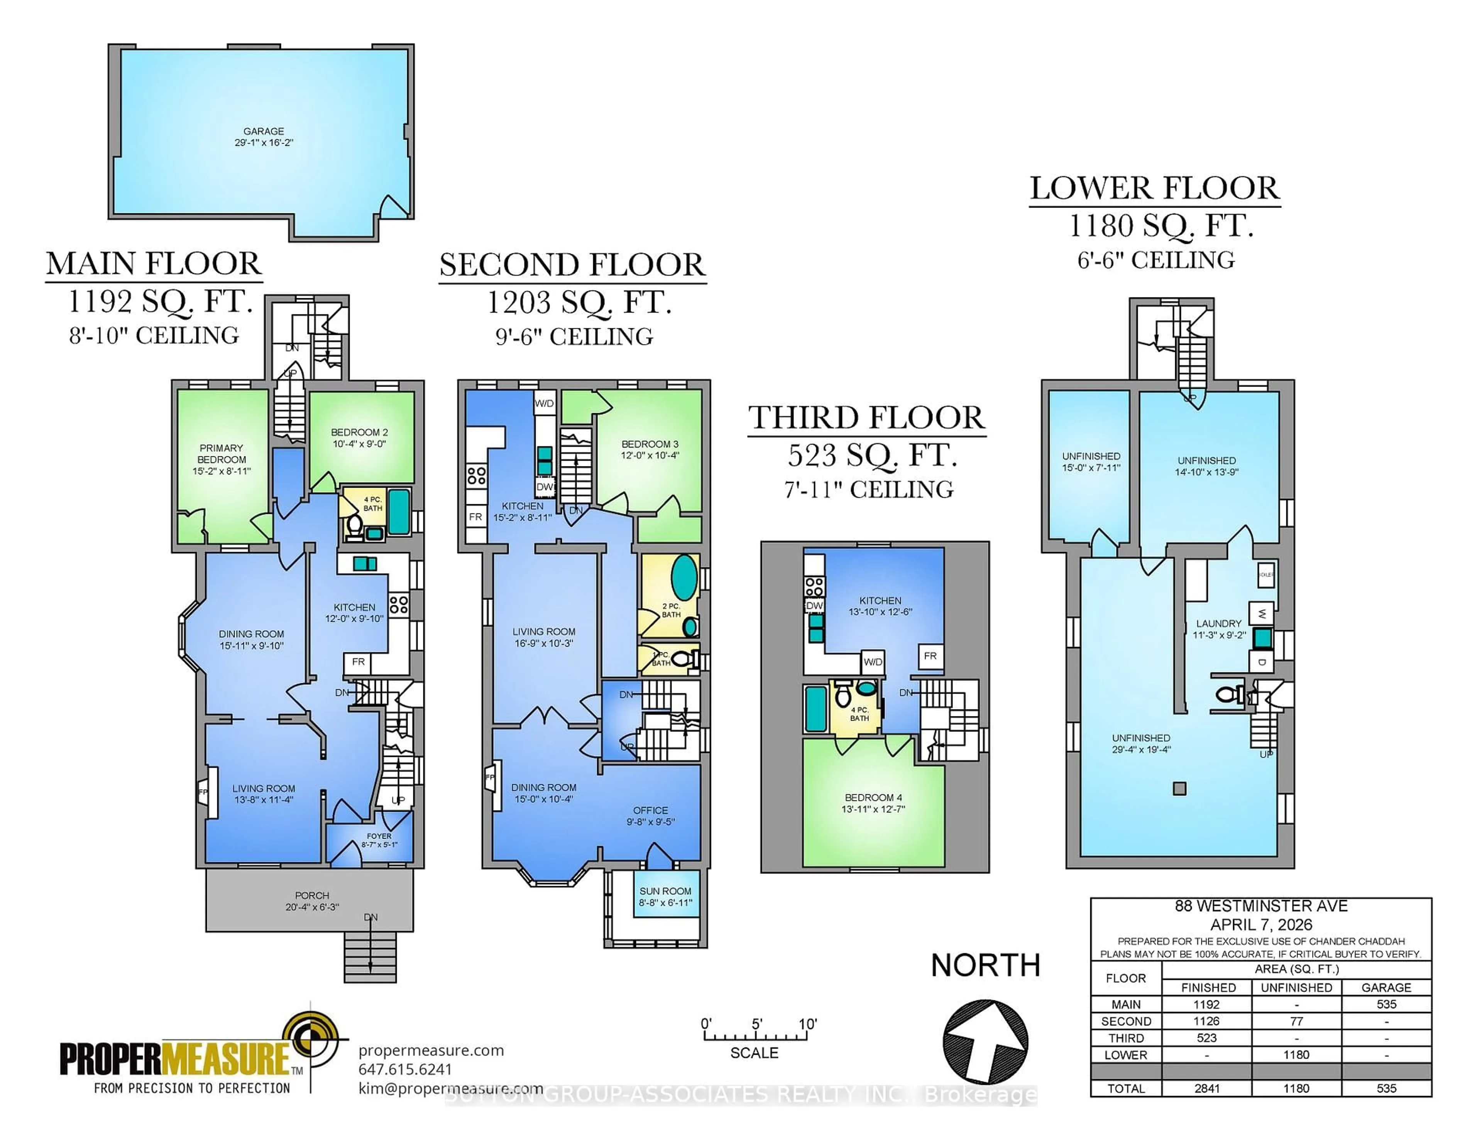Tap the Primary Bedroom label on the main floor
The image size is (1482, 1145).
(x=221, y=459)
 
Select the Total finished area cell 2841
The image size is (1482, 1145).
(x=1207, y=1088)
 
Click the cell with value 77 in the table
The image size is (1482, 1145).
(x=1296, y=1021)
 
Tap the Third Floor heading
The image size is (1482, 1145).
(x=866, y=418)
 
